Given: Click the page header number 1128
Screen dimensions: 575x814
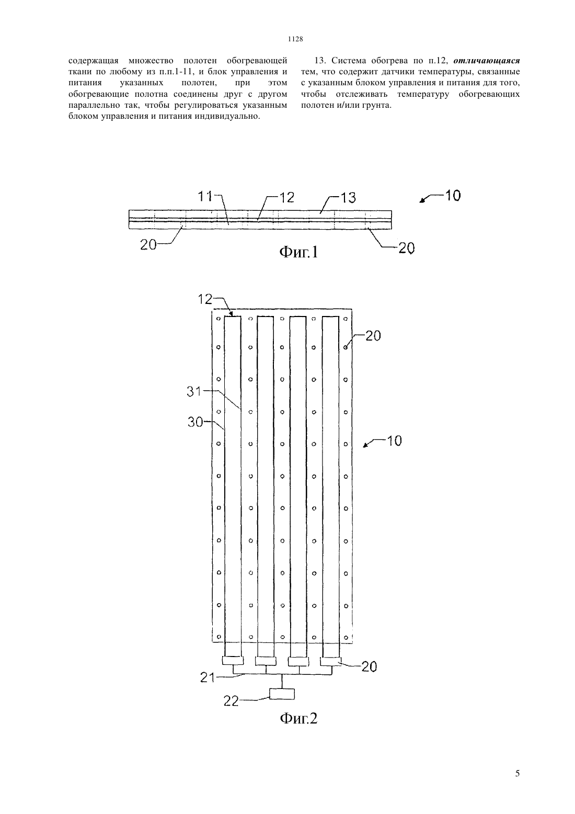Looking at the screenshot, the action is click(295, 39).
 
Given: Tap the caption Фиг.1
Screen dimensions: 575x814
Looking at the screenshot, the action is click(298, 252).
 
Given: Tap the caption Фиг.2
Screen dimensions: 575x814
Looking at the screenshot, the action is click(298, 718).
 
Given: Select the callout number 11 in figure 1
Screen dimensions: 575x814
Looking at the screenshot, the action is click(205, 197).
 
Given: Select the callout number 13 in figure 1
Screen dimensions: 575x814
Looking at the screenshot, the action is click(348, 198).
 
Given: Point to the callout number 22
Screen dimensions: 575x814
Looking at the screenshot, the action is click(231, 701).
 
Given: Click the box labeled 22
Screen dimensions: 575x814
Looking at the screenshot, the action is click(282, 694).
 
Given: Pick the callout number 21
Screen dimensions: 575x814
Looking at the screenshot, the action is click(208, 678).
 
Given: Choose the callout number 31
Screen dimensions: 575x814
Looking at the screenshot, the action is click(194, 391).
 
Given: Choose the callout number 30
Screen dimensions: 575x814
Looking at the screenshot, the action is click(195, 422).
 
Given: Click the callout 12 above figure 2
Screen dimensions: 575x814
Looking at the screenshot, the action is click(205, 299).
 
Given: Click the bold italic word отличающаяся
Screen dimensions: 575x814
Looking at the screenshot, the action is click(487, 60).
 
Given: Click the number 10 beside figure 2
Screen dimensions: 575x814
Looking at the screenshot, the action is click(394, 441).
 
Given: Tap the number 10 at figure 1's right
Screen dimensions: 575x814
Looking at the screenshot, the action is click(452, 196).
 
